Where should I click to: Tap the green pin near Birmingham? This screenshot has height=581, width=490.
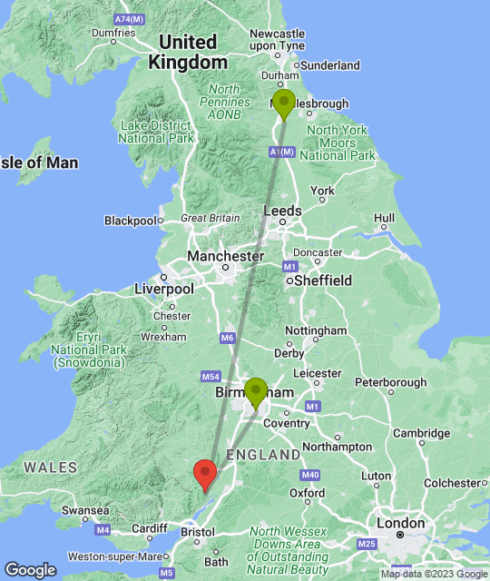(256, 390)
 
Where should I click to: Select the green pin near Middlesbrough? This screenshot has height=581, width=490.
(284, 103)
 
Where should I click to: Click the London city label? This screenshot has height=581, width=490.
(401, 524)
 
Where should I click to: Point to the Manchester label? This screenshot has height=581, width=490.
(225, 257)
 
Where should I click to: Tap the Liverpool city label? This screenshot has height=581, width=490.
(164, 289)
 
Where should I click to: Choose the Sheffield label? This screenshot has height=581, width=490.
(323, 281)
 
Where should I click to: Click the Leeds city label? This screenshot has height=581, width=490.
(282, 211)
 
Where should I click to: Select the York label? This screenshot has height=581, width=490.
(322, 191)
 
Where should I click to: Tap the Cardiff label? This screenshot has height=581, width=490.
(150, 528)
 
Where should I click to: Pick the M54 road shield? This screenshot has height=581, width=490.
(211, 376)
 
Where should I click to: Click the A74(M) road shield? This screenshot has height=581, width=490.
(129, 19)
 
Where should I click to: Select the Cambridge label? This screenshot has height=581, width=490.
(421, 433)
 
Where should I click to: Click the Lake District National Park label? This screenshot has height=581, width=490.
(156, 132)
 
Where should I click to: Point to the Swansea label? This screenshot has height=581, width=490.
(86, 510)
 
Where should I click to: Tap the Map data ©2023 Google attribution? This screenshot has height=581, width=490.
(434, 574)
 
